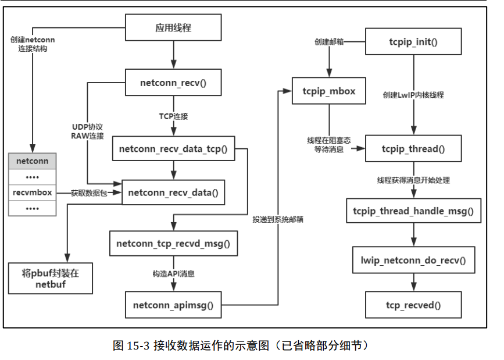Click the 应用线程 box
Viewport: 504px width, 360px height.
tap(173, 28)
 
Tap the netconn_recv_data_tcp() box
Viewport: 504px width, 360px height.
tap(173, 149)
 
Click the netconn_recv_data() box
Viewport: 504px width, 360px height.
tap(173, 193)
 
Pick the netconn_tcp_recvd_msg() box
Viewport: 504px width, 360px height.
tap(173, 243)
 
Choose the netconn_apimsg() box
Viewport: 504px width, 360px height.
tap(173, 304)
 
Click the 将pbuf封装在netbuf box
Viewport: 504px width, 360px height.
tap(51, 279)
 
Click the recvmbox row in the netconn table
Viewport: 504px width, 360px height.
tap(32, 192)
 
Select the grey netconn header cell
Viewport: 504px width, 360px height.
tap(32, 160)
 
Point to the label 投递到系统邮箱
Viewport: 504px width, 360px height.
tap(277, 219)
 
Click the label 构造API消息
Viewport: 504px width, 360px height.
tap(173, 273)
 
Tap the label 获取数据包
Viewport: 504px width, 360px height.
tap(89, 193)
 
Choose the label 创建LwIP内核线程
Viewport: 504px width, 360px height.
tap(413, 94)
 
